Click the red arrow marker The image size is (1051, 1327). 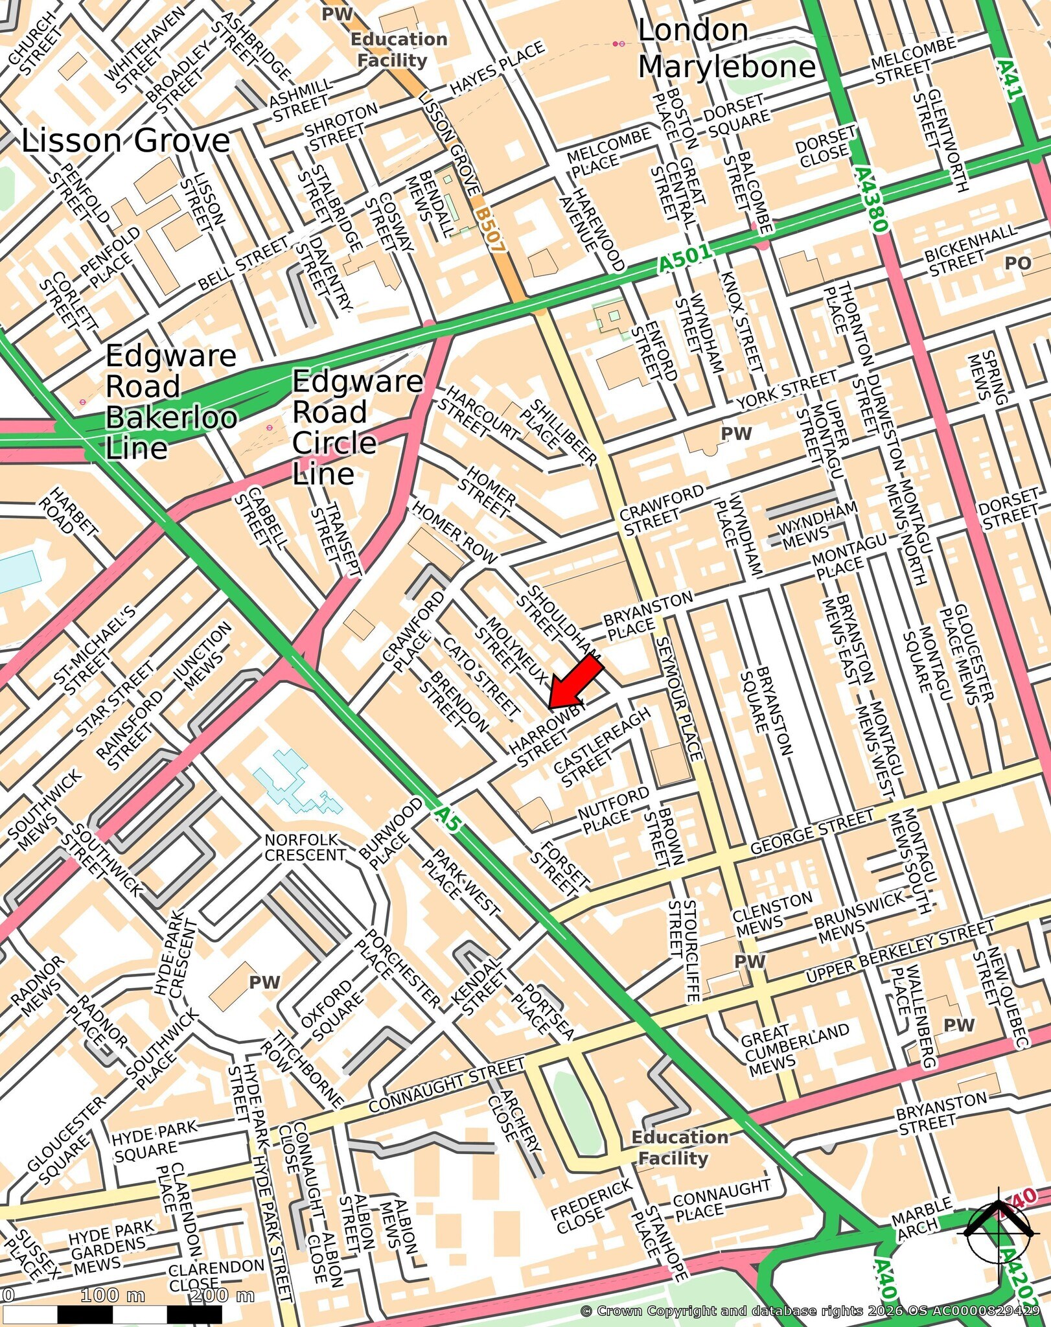tap(575, 682)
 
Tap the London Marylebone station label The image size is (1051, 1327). tap(726, 49)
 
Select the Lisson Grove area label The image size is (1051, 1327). tap(126, 141)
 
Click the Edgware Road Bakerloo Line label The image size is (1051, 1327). tap(170, 402)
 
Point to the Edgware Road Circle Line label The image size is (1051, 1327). tap(356, 428)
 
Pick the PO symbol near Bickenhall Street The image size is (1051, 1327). tap(1017, 263)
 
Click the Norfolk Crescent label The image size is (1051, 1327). tap(305, 847)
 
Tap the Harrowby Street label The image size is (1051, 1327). tap(548, 735)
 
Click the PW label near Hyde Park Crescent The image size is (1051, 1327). tap(265, 983)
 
